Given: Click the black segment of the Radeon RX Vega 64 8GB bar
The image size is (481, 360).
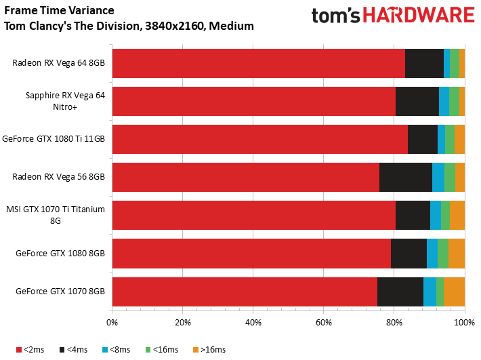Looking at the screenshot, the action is [x=424, y=63].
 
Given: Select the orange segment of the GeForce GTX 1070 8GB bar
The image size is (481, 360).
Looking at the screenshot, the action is [x=455, y=292].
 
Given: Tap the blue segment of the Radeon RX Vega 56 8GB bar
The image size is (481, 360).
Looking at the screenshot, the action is [x=438, y=178].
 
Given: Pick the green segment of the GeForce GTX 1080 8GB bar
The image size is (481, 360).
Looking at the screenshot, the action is [x=443, y=254].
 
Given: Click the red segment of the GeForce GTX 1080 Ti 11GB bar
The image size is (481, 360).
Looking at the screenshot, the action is [x=260, y=140].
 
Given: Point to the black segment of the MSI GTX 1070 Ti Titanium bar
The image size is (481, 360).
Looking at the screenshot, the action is [x=413, y=215].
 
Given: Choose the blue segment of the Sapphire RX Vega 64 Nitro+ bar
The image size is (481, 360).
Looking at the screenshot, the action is [x=444, y=101].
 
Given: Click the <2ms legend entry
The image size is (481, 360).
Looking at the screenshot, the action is [x=30, y=350].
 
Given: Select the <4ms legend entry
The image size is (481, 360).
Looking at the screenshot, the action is [x=73, y=350].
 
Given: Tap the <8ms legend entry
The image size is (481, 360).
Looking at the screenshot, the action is [x=117, y=350].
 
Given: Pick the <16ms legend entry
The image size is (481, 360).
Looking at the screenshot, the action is [x=162, y=350].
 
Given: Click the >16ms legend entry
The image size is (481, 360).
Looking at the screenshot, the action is [x=209, y=350].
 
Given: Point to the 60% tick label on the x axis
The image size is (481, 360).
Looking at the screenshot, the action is [x=324, y=323].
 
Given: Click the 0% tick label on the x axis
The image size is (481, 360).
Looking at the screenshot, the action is [x=112, y=323].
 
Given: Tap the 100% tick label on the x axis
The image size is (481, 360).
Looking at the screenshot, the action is [x=465, y=323].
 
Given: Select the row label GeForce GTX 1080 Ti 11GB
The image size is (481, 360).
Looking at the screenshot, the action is [x=54, y=139].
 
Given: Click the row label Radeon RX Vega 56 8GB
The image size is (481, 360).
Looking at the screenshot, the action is [x=58, y=177].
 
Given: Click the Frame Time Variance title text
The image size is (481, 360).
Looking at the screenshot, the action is [x=59, y=11].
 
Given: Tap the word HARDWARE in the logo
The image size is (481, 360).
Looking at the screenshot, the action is [x=419, y=15].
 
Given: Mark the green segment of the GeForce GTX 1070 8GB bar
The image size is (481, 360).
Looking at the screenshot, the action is [x=440, y=292].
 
